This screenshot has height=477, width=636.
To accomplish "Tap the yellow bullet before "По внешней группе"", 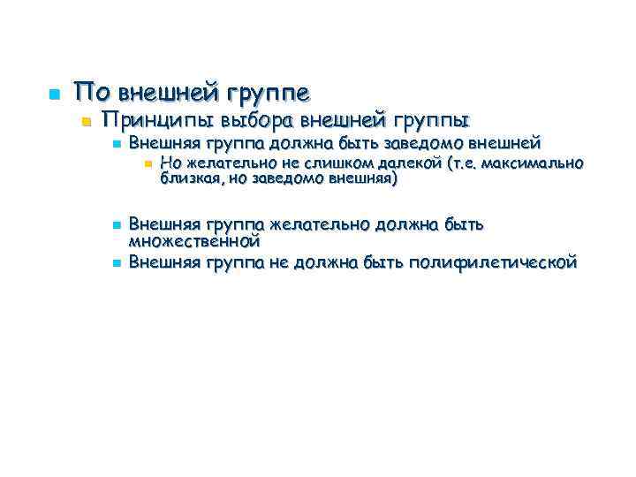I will click(x=52, y=93).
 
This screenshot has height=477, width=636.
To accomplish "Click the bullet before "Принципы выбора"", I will click(x=85, y=120).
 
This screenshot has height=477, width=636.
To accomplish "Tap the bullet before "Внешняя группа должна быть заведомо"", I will click(x=115, y=143).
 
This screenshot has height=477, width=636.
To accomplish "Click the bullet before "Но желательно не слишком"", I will click(x=147, y=163).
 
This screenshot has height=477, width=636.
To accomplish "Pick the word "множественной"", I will click(x=193, y=239).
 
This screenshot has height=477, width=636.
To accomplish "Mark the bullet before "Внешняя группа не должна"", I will click(x=115, y=262).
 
